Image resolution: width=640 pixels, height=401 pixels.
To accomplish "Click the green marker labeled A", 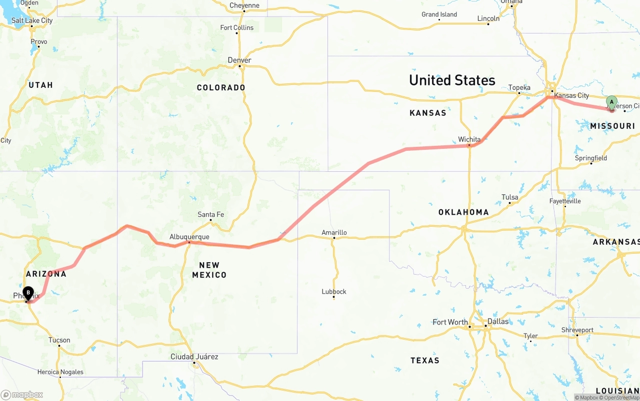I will tap(611, 102).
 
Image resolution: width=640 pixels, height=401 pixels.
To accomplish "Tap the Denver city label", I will tap(239, 60).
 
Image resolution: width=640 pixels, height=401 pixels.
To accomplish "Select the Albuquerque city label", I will tap(189, 237).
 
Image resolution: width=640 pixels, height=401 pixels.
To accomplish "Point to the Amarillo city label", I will tap(334, 232).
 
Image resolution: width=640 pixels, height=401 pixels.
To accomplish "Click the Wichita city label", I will tap(469, 139).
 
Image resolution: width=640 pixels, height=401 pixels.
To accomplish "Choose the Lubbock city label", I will tap(334, 292).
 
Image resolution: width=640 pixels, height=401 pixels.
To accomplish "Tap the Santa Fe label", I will tap(210, 215).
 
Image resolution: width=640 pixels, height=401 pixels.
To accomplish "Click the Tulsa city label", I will tap(509, 197).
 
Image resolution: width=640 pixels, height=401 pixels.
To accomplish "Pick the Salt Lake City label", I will tap(32, 20).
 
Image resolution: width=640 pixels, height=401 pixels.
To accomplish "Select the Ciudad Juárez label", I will tap(194, 357).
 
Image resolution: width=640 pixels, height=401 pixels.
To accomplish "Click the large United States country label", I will tap(452, 80).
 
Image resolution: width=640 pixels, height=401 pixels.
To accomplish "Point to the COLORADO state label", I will tap(221, 87).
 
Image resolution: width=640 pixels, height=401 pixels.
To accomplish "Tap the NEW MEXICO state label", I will tap(209, 270).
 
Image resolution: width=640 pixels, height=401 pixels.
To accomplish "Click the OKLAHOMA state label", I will tap(463, 212).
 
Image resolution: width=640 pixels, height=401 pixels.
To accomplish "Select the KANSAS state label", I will tap(427, 113).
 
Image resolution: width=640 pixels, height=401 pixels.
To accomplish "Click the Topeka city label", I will tap(519, 88).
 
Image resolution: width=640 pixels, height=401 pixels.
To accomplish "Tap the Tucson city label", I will tap(59, 340).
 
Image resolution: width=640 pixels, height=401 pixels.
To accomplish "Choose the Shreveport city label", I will tap(577, 330).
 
